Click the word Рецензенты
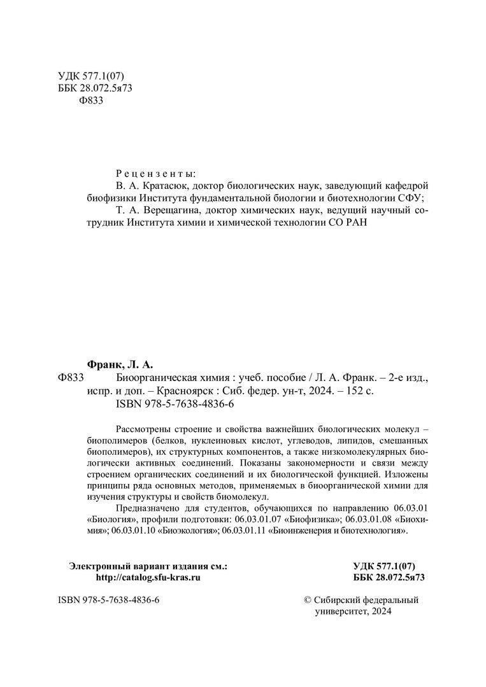pos(156,172)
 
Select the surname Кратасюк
pos(164,186)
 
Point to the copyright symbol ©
pos(310,600)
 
